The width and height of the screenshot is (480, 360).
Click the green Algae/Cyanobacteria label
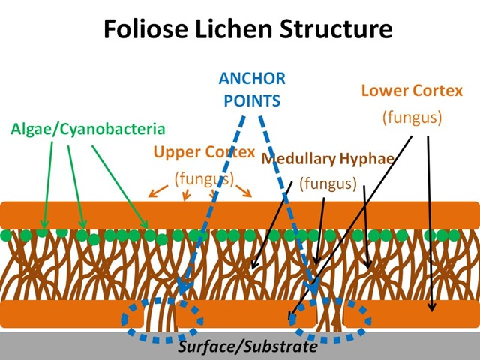pos(88,129)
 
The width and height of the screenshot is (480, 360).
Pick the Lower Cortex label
pos(410,91)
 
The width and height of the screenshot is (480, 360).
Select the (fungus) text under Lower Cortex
pos(411,117)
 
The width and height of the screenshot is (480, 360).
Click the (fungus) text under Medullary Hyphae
pos(328,184)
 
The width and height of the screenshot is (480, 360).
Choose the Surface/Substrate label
pos(247,348)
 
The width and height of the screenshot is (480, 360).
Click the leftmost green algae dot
pos(7,235)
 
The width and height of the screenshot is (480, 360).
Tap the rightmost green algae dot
pos(453,235)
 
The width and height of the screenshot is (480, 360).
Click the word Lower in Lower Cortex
pos(386,91)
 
